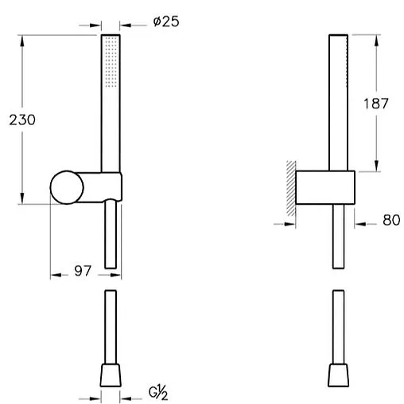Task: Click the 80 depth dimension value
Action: [x=390, y=221]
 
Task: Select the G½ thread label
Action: [x=158, y=393]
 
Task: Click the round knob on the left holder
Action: [x=66, y=188]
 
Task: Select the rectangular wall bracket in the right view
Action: [x=325, y=188]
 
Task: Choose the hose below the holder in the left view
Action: [x=111, y=235]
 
